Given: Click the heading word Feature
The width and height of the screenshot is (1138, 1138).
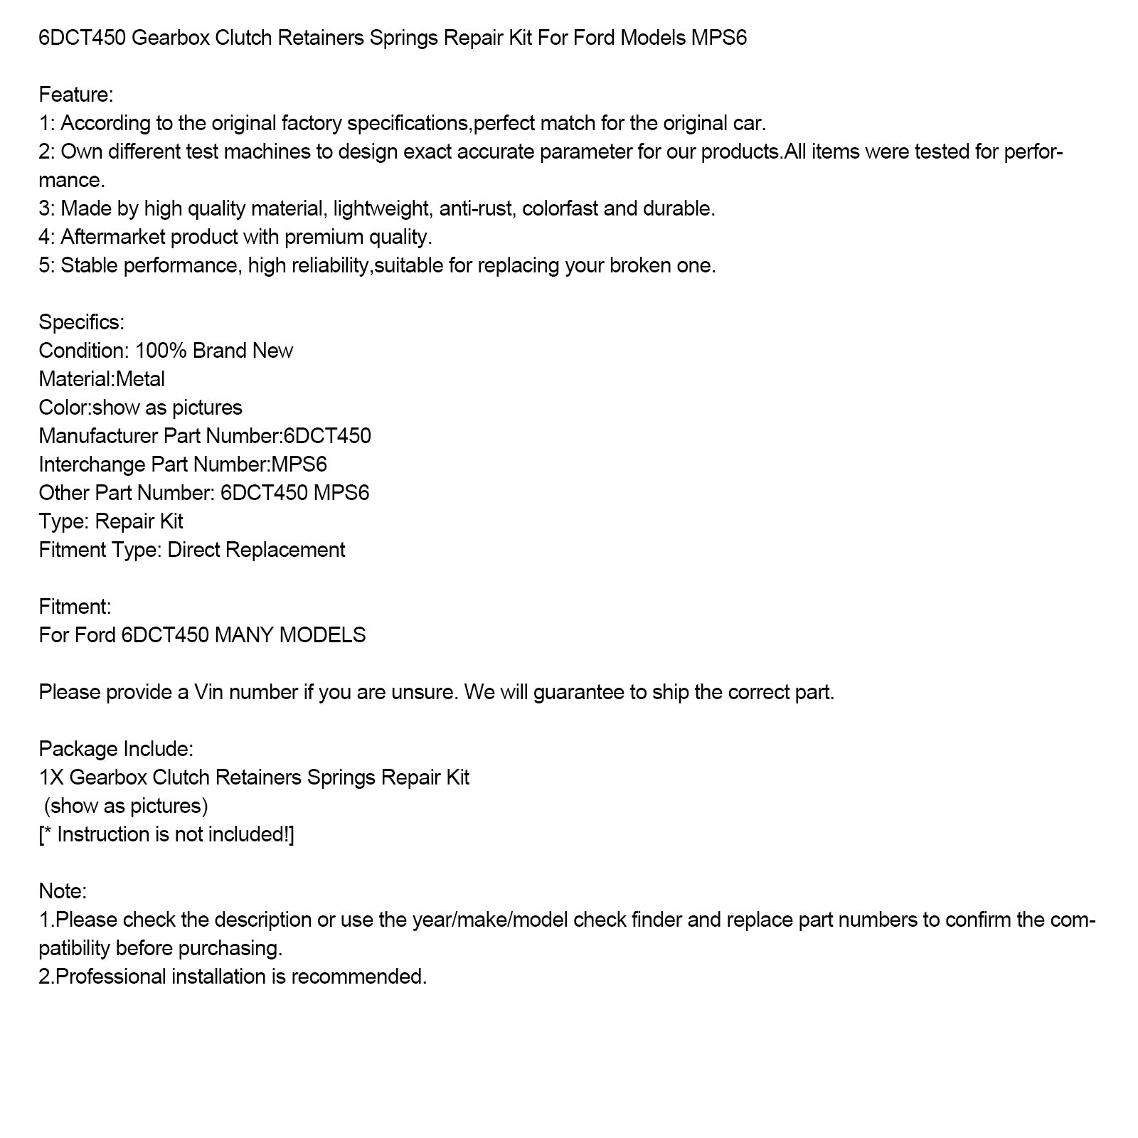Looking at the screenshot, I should pos(75,95).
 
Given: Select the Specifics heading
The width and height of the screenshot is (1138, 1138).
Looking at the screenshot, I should pos(81,322).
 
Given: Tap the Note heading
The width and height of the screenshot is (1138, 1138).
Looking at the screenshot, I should pos(63,891).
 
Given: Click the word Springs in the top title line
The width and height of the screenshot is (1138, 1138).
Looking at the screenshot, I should pos(403,38).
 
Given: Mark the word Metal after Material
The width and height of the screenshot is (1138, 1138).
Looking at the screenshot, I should pos(140,379).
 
